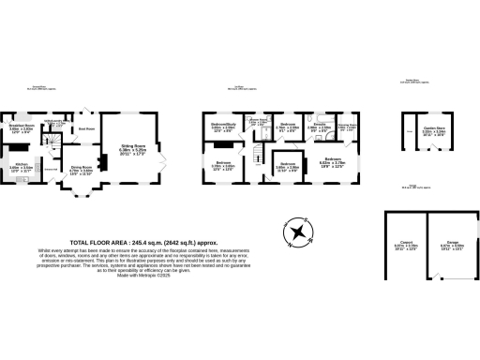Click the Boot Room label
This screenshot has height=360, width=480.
(x=86, y=128)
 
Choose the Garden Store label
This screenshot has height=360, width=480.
(x=432, y=132)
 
